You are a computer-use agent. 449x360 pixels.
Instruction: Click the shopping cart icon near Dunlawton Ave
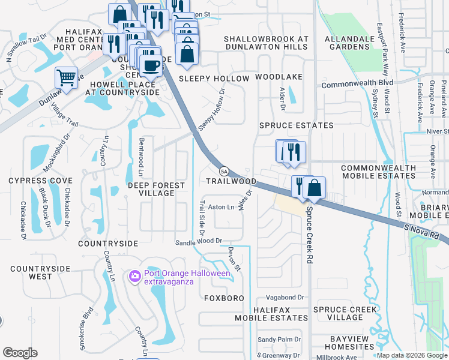click(x=66, y=77)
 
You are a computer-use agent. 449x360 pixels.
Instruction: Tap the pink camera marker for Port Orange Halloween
click(x=134, y=275)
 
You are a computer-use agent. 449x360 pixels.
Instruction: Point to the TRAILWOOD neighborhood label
click(x=231, y=181)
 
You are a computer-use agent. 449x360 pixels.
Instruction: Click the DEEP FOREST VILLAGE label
click(x=156, y=190)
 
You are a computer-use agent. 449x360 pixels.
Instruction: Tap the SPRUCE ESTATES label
click(x=296, y=125)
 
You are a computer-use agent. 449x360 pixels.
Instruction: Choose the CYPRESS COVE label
click(x=40, y=181)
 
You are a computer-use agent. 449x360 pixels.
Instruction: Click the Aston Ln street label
click(x=220, y=207)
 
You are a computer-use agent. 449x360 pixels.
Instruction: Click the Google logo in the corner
click(x=20, y=352)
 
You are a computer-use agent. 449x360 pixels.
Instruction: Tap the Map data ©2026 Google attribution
click(x=412, y=355)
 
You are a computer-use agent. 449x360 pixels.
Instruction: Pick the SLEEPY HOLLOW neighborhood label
click(x=214, y=79)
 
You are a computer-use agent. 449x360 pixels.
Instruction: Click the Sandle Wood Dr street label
click(x=199, y=241)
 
